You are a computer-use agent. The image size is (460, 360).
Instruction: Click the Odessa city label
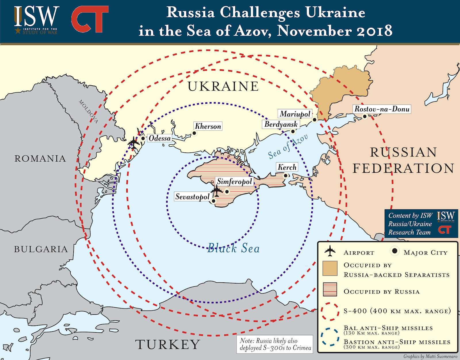[x=160, y=138]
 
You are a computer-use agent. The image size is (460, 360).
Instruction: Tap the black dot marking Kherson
[x=194, y=133]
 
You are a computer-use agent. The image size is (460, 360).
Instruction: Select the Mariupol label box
[x=295, y=114]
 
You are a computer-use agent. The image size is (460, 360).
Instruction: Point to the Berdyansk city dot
[x=293, y=132]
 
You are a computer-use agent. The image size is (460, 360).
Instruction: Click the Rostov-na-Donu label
[x=382, y=109]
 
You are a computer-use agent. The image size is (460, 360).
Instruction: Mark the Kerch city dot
[x=285, y=175]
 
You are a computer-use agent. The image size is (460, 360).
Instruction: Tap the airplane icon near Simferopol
[x=216, y=191]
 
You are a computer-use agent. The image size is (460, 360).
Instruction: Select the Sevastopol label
[x=192, y=197]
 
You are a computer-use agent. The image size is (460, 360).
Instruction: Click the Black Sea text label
[x=233, y=248]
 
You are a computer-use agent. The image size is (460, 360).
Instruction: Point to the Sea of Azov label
[x=288, y=146]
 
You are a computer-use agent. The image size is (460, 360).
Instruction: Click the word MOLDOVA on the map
[x=89, y=112]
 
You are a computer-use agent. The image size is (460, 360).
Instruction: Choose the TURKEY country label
[x=168, y=344]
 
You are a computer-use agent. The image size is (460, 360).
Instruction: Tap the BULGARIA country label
[x=41, y=249]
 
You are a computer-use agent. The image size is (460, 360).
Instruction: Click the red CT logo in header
[x=90, y=19]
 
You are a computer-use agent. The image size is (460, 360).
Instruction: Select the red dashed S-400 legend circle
[x=330, y=311]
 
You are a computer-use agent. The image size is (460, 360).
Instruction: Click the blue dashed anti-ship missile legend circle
[x=330, y=337]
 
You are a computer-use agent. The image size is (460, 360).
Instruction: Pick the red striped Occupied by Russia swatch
[x=330, y=289]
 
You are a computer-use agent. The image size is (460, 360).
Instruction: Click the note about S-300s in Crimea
[x=275, y=344]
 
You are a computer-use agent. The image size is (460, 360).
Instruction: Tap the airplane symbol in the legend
[x=330, y=251]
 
